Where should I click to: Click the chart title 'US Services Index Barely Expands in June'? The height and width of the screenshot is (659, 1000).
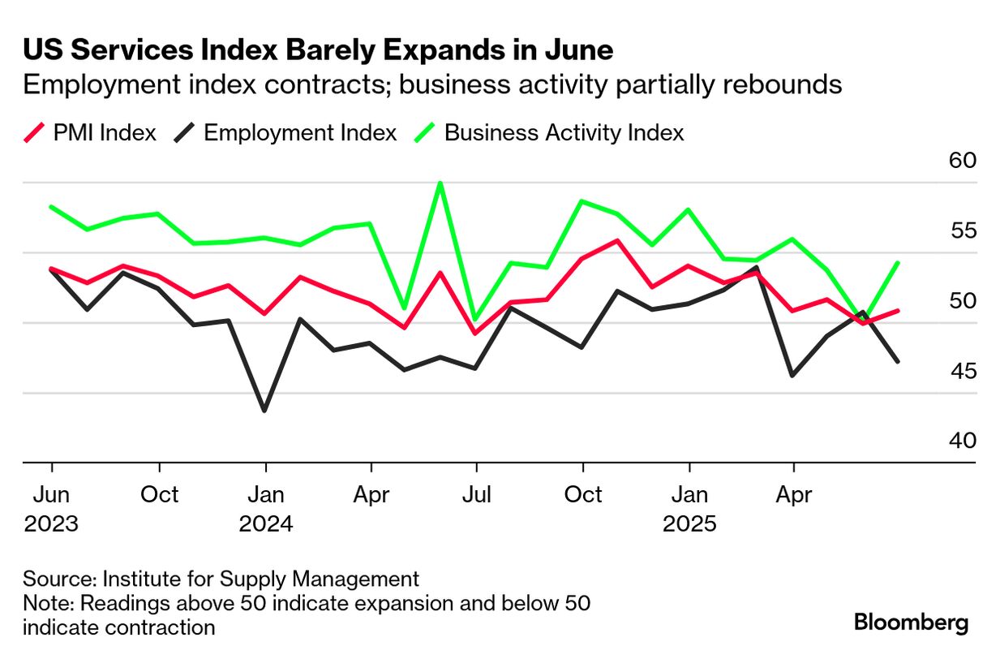(318, 50)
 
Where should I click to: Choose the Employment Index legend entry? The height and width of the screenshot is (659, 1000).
(285, 132)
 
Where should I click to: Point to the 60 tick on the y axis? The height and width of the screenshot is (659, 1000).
(962, 160)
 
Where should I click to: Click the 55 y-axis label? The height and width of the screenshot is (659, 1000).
(962, 230)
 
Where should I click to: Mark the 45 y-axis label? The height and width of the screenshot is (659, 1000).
(962, 372)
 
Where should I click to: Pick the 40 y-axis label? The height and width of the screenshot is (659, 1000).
(962, 441)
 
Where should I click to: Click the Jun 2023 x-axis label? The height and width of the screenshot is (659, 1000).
(52, 508)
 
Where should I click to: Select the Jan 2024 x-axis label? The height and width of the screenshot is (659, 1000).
(266, 508)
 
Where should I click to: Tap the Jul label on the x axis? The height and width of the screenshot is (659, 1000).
(477, 494)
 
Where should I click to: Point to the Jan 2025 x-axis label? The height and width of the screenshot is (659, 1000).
(689, 508)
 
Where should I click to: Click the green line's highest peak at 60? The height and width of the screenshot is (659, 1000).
(440, 183)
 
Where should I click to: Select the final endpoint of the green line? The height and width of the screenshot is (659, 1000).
(898, 263)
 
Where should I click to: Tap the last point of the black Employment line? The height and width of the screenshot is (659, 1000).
(898, 361)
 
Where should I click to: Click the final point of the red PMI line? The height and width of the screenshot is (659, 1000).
(898, 310)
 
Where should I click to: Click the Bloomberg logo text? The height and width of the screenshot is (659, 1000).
(912, 623)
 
